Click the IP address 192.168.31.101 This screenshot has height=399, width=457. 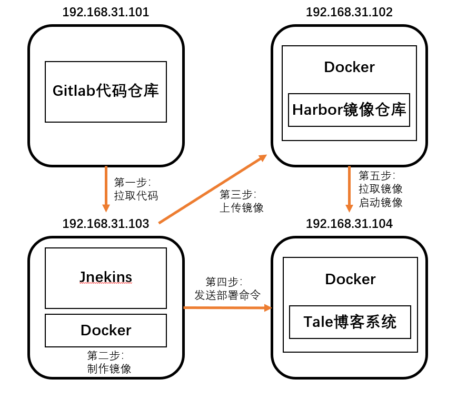point(106,12)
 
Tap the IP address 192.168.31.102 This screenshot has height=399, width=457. point(349,12)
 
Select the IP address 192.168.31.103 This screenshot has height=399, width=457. point(106,224)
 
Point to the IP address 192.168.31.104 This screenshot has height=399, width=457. point(349,224)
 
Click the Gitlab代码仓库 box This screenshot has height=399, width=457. point(106,92)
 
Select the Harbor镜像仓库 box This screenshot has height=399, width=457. point(349,110)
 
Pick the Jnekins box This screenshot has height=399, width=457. point(106,278)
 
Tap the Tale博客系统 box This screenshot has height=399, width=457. point(350,322)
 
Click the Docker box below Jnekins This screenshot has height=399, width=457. point(106,331)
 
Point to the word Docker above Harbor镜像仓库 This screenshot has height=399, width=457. point(349,67)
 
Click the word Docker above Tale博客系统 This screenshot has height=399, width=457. point(350,279)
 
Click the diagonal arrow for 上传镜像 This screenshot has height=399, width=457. point(212,189)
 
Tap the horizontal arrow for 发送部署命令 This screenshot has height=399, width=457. point(227,307)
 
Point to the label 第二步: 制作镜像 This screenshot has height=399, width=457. point(109,362)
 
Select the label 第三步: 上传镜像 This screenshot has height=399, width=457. point(241,201)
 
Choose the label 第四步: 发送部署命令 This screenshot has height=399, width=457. point(227,288)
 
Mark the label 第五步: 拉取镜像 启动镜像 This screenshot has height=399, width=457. point(380,188)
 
